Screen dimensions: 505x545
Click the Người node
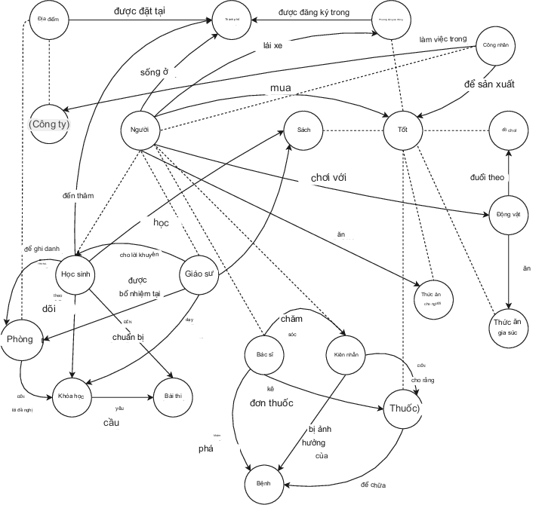[x=140, y=130]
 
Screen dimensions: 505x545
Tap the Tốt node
[x=402, y=130]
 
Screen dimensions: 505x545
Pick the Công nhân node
[x=494, y=45]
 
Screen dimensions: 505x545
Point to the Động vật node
[x=509, y=215]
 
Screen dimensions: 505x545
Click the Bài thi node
[x=173, y=395]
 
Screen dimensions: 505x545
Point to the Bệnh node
[x=263, y=482]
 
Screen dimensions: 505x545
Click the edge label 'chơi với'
[x=333, y=178]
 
